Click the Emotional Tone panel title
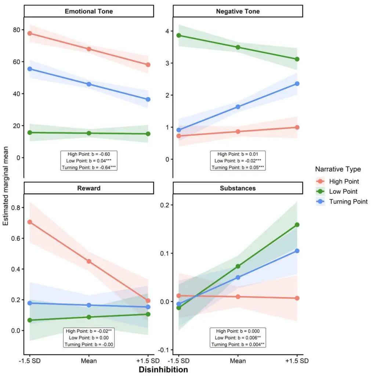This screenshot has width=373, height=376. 89,11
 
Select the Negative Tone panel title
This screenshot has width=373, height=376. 238,11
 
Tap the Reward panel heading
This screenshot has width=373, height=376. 89,188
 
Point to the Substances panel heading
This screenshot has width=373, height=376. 238,188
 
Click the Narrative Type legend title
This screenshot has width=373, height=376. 338,169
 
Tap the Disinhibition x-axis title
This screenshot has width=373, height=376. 163,369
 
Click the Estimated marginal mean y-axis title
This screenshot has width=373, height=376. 5,186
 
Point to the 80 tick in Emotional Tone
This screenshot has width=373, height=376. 17,30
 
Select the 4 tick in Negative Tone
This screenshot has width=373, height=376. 167,31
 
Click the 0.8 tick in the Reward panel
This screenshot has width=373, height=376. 15,208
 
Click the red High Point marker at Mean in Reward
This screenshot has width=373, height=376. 89,261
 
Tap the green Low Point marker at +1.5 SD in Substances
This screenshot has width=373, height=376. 297,225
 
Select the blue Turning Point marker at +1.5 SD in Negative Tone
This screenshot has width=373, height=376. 297,83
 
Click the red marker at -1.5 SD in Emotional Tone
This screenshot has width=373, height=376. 30,33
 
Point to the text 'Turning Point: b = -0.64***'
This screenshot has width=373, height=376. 89,167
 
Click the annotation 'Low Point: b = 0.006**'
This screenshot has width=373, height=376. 238,338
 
